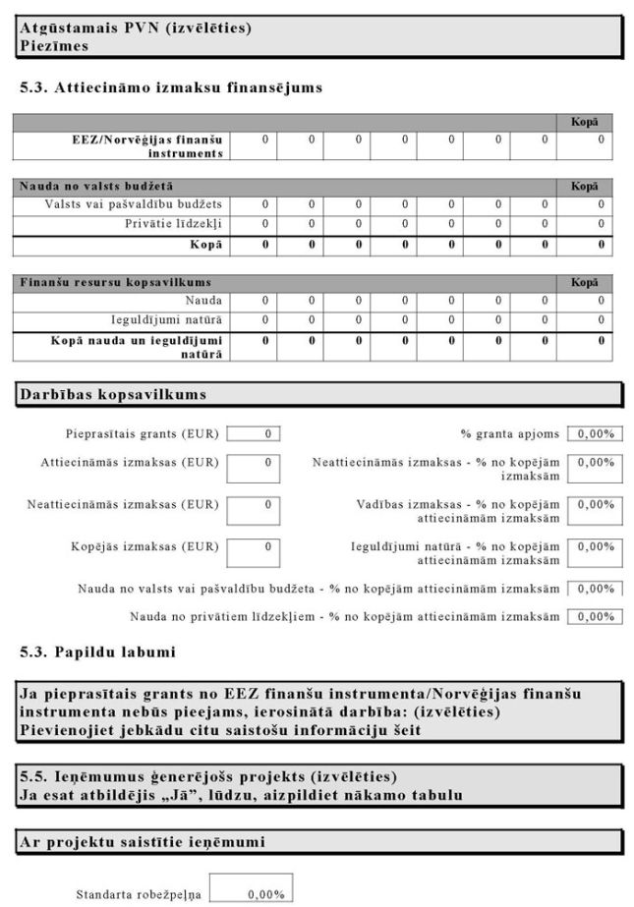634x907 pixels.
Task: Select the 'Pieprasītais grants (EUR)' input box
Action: click(x=254, y=433)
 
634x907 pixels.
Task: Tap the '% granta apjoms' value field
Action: click(x=596, y=433)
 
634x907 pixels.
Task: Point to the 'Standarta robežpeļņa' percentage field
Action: click(x=251, y=894)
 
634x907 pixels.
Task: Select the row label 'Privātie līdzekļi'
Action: click(x=169, y=224)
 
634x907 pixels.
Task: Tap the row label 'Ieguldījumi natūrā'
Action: click(x=166, y=319)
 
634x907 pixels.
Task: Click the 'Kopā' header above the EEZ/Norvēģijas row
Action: click(x=585, y=123)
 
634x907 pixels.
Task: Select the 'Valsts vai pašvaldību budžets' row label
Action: click(x=134, y=204)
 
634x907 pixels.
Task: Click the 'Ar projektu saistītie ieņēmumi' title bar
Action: click(x=143, y=841)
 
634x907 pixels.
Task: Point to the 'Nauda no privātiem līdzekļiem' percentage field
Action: click(x=596, y=616)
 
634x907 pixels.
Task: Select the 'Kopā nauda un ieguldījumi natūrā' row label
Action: click(x=138, y=345)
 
